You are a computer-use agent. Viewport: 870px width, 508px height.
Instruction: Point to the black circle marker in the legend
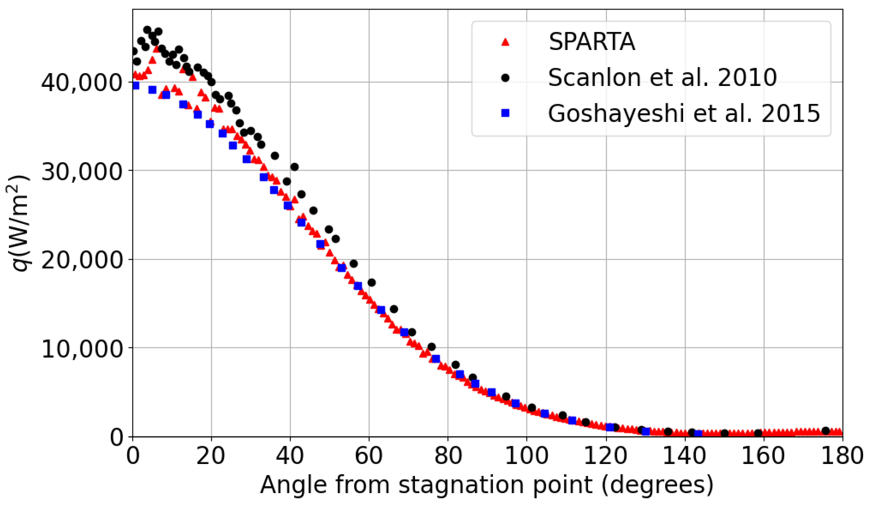click(x=506, y=78)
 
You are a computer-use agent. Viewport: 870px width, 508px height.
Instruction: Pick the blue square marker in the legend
click(x=506, y=113)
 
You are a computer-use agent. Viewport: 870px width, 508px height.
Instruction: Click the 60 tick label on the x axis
click(x=369, y=456)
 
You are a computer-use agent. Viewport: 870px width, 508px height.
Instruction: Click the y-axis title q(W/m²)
click(x=18, y=223)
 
